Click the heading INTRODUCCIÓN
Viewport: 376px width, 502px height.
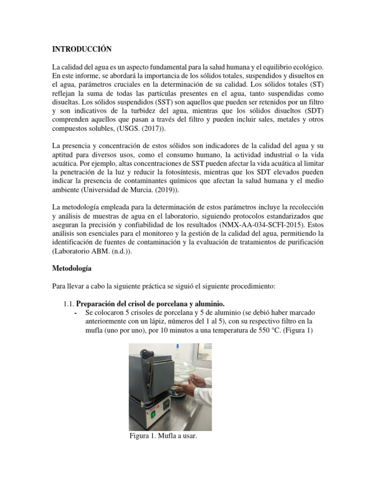82,49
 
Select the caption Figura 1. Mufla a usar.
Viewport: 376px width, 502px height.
163,435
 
